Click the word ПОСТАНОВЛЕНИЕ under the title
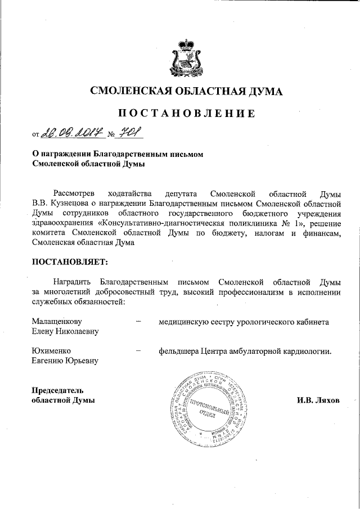click(180, 113)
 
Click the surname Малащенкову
click(57, 321)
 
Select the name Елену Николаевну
click(65, 331)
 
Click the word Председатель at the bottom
click(57, 390)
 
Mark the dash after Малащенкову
click(138, 321)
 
